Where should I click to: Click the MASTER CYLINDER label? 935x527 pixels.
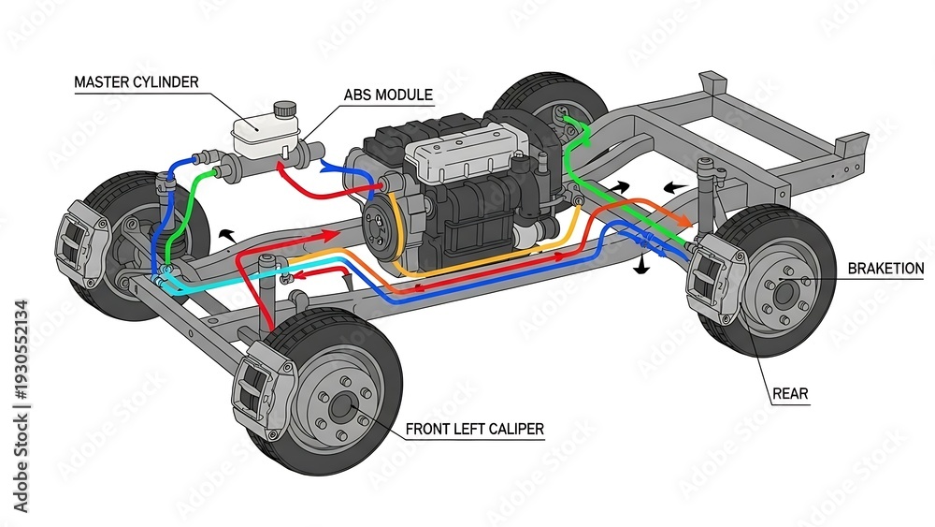click(x=136, y=81)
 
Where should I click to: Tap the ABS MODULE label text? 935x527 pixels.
click(x=388, y=95)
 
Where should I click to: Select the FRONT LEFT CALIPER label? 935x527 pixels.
click(x=475, y=429)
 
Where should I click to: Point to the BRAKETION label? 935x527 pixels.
click(x=885, y=269)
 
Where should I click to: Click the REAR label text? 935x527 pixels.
click(x=790, y=394)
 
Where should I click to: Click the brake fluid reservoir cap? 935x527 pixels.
click(x=285, y=110)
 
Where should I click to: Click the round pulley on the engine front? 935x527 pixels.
click(x=382, y=226)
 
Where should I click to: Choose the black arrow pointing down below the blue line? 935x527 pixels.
click(x=641, y=266)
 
